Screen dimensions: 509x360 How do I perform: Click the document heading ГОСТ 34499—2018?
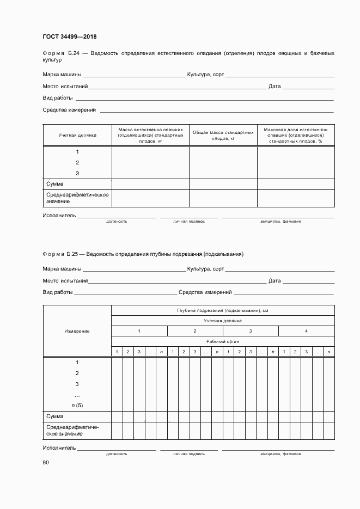(x=69, y=37)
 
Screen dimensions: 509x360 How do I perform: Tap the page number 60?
(x=46, y=463)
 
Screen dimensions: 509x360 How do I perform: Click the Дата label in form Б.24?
(x=274, y=86)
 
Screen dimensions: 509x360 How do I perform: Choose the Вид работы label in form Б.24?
(x=58, y=98)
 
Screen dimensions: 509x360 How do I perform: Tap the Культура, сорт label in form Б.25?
(x=205, y=269)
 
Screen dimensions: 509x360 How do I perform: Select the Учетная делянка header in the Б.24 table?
(x=77, y=135)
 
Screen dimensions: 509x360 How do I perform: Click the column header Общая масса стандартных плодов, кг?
(x=223, y=135)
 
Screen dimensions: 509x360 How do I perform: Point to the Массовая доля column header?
(x=295, y=135)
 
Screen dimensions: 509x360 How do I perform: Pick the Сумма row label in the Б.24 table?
(x=55, y=184)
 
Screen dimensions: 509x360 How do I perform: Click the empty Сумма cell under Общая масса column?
(x=223, y=184)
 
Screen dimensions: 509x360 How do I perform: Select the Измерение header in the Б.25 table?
(x=77, y=331)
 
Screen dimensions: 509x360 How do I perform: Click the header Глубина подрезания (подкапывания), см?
(x=223, y=310)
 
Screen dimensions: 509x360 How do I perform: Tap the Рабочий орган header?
(x=223, y=341)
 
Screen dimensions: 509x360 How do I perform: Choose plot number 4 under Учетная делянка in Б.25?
(x=306, y=331)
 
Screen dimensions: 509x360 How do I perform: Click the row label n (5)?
(x=77, y=406)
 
